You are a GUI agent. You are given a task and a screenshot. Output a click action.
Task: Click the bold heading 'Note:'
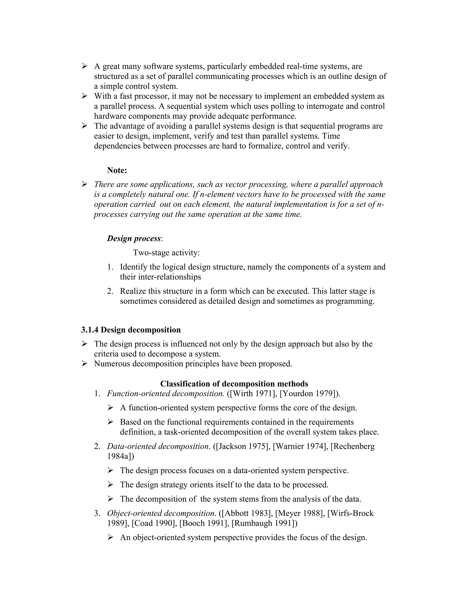pos(117,170)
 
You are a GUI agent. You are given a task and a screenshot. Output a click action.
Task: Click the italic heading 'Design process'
pos(134,238)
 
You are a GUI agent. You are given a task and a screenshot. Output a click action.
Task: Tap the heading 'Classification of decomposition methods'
pos(234,384)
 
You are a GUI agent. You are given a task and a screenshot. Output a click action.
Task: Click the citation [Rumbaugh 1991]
pos(263,523)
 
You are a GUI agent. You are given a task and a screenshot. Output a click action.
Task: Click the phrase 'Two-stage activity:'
pos(166,253)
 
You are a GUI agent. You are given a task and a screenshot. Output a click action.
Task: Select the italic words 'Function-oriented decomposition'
pos(165,394)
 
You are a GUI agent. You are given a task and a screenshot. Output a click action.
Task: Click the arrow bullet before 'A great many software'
pos(85,66)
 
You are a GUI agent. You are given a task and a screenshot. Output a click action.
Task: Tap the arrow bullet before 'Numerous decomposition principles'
pos(85,364)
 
